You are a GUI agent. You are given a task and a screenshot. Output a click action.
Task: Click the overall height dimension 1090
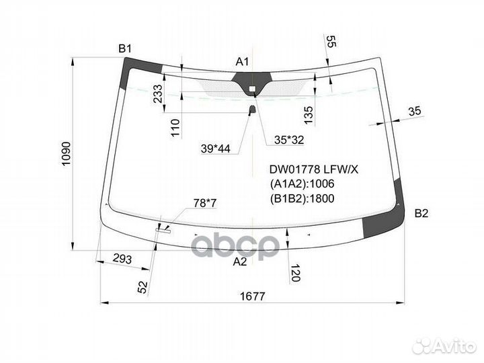[x=67, y=154]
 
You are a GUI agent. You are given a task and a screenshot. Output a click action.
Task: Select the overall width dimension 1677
[x=253, y=296]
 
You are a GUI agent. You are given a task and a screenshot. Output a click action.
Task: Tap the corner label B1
[x=125, y=48]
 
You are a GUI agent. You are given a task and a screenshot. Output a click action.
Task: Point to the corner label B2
[x=421, y=213]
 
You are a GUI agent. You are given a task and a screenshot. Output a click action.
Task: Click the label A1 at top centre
[x=242, y=62]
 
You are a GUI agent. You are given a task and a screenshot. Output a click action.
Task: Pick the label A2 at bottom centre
[x=240, y=261]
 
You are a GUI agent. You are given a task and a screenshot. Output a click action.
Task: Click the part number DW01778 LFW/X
[x=314, y=169]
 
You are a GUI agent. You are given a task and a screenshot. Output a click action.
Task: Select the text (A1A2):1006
[x=302, y=184]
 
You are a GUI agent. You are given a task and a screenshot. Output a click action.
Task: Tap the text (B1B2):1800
[x=302, y=198]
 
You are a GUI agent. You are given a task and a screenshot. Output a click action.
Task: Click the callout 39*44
[x=216, y=149]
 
